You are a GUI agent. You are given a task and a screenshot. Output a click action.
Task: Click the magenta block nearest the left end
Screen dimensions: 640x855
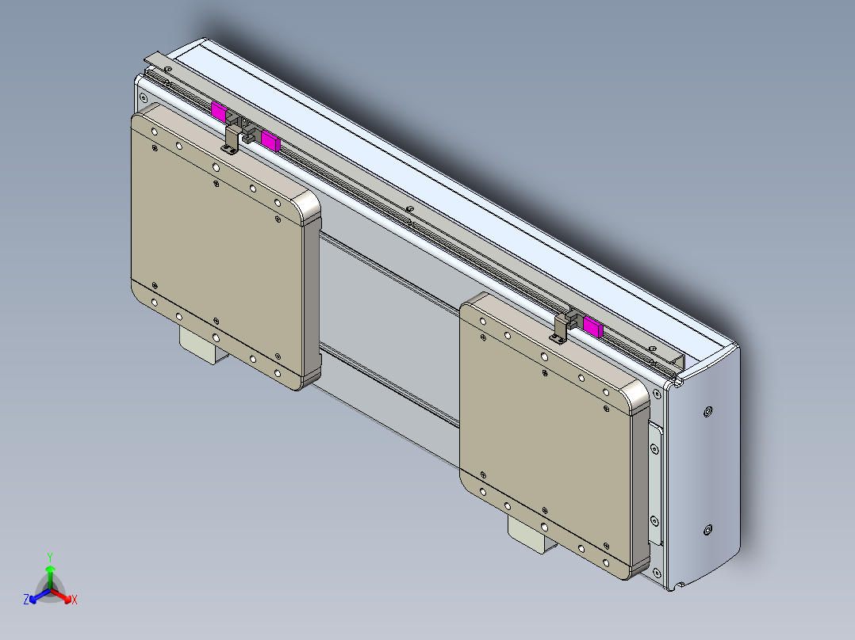218,110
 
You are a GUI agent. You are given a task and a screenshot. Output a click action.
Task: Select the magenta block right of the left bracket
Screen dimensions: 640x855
271,141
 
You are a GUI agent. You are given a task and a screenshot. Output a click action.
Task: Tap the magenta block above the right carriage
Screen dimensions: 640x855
592,325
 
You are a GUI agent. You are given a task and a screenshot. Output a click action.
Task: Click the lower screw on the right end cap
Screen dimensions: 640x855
707,530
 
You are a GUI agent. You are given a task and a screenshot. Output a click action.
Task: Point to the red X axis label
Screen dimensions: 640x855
75,600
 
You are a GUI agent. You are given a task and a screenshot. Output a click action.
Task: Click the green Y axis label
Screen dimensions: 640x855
49,557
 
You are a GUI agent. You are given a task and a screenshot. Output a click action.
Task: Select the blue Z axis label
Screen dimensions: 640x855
26,600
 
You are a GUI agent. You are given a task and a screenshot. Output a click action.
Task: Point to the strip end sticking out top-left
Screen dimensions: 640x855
155,59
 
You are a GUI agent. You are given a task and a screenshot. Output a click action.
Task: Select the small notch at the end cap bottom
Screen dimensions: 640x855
679,585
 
